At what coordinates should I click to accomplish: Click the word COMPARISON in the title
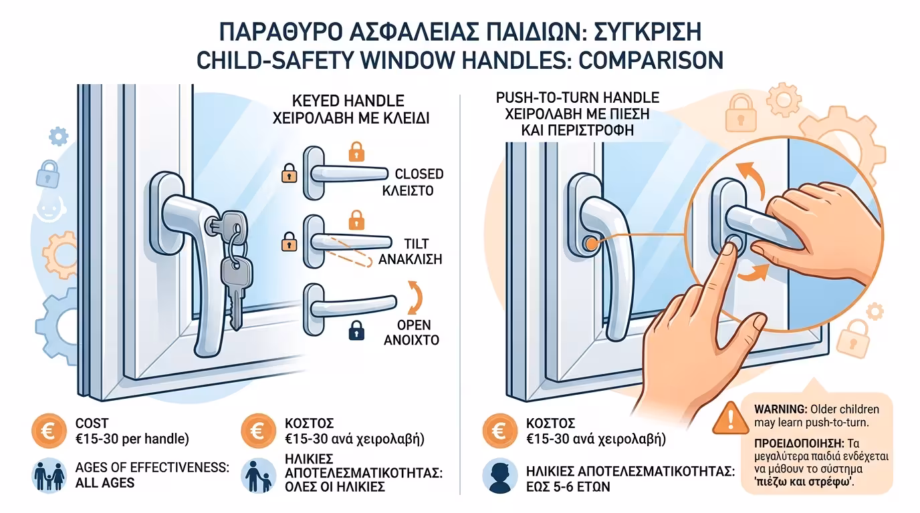650,60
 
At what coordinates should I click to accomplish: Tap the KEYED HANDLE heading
348,101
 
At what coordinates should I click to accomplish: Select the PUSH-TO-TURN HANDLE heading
577,98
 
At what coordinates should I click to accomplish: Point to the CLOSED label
419,174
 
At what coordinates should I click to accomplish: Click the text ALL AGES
104,482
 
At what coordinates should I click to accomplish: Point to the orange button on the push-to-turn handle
590,244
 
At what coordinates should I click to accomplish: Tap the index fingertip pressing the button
731,248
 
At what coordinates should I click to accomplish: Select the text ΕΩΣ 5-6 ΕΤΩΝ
568,486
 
